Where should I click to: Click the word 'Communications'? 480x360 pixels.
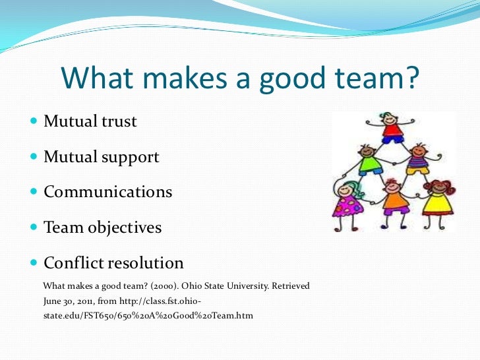tap(107, 193)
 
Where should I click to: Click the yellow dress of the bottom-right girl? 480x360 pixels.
tap(438, 205)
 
